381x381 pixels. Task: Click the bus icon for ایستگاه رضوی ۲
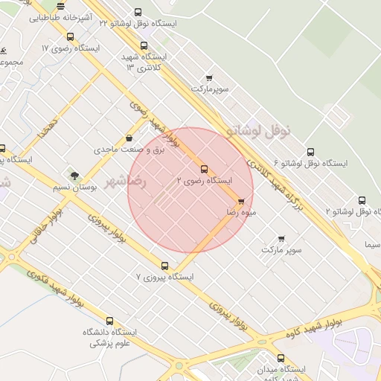[204, 169]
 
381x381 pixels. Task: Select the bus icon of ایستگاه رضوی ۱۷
[70, 36]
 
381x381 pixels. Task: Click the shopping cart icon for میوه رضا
[241, 202]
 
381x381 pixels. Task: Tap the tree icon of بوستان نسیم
[74, 176]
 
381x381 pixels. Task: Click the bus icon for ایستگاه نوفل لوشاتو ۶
[310, 150]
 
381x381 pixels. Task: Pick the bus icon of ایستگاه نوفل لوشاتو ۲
[362, 200]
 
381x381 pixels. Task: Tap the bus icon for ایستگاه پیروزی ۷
[165, 266]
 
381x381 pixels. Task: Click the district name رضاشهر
[127, 182]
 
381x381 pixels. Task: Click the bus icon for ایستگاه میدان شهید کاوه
[281, 358]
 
